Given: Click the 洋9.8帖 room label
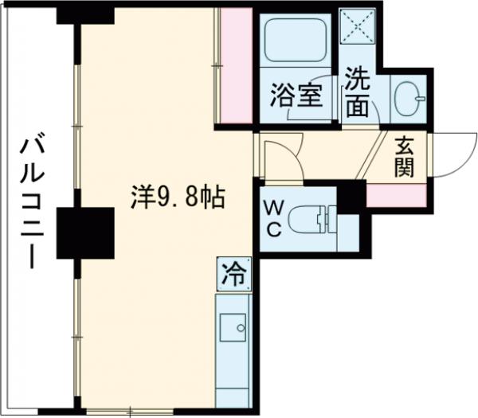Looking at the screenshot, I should tap(176, 195).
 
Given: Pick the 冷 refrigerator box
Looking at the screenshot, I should tap(236, 275).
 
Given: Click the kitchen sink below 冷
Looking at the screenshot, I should tap(234, 326).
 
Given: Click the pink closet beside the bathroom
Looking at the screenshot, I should tap(237, 65).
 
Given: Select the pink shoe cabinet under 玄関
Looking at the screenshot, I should tap(395, 193).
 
